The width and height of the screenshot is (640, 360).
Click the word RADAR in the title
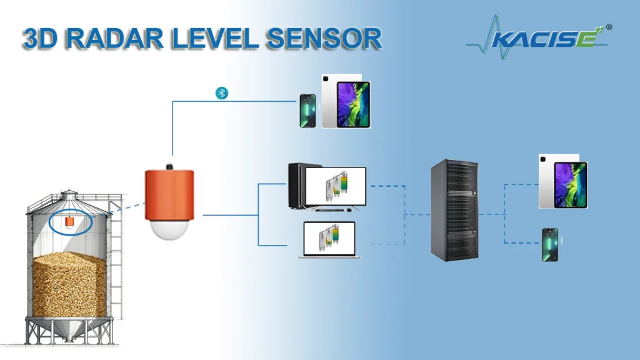click(114, 39)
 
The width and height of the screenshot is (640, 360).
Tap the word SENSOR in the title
click(324, 39)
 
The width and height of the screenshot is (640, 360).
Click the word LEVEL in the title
click(215, 39)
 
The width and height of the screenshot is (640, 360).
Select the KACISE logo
click(537, 37)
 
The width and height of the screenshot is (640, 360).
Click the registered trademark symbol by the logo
click(609, 27)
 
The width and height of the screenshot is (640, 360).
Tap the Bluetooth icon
click(222, 93)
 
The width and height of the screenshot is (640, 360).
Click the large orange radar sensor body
click(169, 196)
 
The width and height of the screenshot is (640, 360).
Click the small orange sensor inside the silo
click(70, 221)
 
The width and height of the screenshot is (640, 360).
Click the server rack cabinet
click(455, 210)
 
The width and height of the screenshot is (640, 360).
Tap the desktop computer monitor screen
click(336, 186)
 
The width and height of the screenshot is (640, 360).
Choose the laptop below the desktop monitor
click(329, 240)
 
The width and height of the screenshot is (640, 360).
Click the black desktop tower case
click(297, 186)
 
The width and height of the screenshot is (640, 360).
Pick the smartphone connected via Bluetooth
click(307, 111)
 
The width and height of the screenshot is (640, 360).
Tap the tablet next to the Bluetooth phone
click(346, 101)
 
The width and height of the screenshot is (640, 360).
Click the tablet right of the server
click(563, 181)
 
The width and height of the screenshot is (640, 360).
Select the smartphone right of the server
click(550, 245)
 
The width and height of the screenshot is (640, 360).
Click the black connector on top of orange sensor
click(169, 166)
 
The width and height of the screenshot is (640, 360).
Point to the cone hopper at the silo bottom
click(69, 329)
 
